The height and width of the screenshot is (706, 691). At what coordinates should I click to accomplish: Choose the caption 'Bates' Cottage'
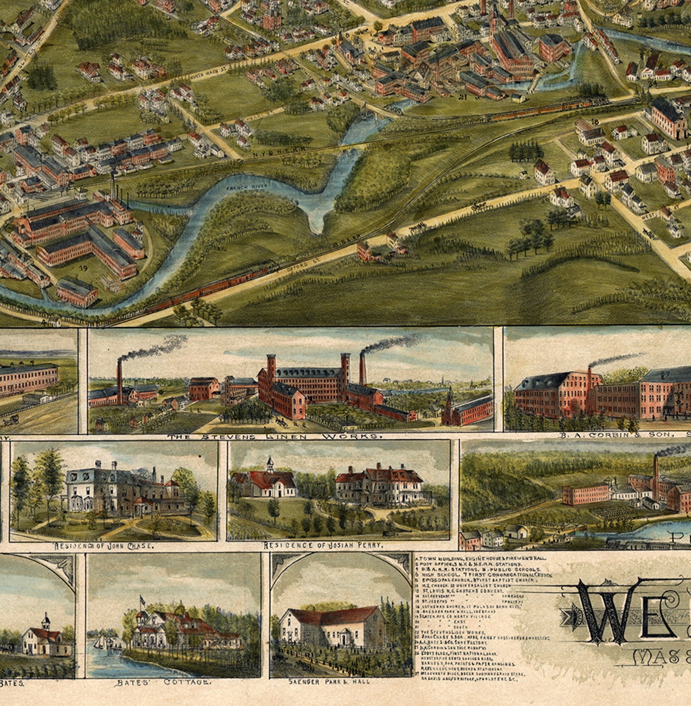[163, 682]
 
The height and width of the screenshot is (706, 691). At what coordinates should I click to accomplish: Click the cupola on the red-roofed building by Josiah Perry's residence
[270, 465]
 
